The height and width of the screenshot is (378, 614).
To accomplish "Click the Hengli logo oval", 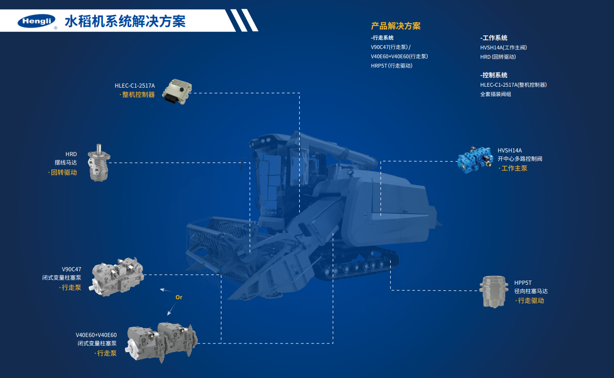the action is pos(36,21).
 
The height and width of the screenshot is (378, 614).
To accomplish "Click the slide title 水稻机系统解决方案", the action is pos(125,21).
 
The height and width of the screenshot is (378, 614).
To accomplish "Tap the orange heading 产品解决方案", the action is pos(395,26).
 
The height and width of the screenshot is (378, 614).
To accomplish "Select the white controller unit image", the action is pos(177,91).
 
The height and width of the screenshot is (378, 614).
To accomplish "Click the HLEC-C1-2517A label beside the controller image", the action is pos(135,85).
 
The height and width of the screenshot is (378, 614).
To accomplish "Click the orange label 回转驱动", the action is pos(63,172).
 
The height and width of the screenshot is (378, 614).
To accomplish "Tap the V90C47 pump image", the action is pos(117,277).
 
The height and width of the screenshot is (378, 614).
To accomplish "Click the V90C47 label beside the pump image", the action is pos(71,269).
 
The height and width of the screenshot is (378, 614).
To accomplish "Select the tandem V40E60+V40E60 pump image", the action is pos(161,343).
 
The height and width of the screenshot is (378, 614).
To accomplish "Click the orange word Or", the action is pos(179,297).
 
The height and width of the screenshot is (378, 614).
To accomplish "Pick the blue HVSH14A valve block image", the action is pos(475,160).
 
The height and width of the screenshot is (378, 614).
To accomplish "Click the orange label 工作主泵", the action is pos(512,168).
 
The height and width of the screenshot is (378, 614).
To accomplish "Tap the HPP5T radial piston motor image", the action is pos(494,292).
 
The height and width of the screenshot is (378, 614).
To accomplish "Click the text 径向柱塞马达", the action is pos(531,291).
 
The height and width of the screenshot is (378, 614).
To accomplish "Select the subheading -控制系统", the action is pos(494,75).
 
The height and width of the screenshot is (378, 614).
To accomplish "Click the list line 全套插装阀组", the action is pos(496,94).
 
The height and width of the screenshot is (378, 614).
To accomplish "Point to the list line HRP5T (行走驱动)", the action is pos(392,66).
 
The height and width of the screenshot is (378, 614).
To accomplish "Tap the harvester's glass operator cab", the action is pos(271,178).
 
